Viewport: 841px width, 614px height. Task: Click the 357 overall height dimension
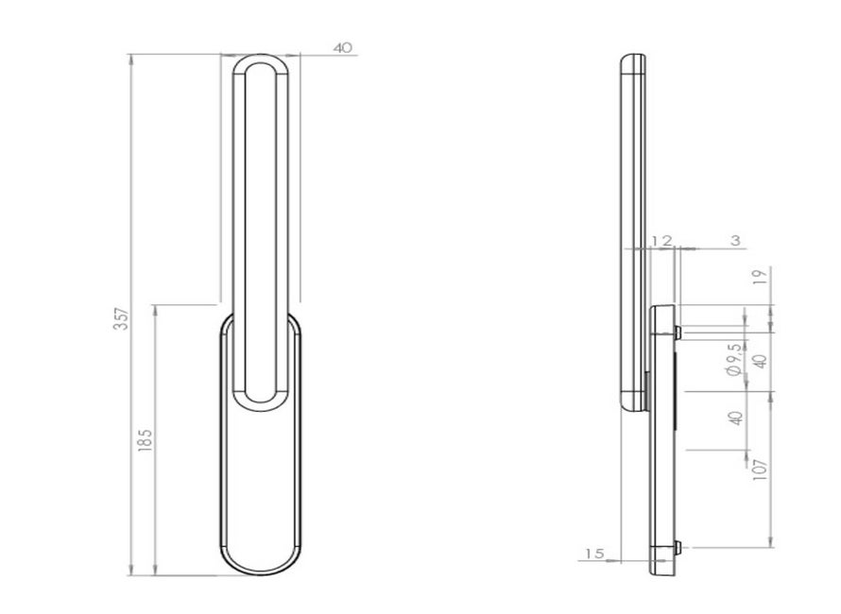pyautogui.click(x=122, y=318)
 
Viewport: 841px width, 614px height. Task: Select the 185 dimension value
pyautogui.click(x=145, y=440)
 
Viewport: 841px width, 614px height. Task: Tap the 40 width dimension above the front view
pyautogui.click(x=343, y=48)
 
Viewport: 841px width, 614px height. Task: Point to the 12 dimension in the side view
pyautogui.click(x=661, y=241)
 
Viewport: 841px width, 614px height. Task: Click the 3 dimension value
pyautogui.click(x=735, y=240)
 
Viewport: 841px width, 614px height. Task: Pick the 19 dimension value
pyautogui.click(x=761, y=277)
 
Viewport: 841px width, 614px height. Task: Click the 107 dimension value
pyautogui.click(x=761, y=469)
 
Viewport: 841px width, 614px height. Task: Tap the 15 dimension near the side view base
pyautogui.click(x=594, y=553)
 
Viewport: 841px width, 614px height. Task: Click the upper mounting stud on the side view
pyautogui.click(x=678, y=333)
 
